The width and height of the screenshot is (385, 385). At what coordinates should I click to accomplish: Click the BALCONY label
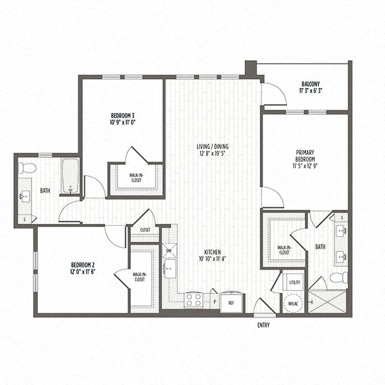pyautogui.click(x=311, y=84)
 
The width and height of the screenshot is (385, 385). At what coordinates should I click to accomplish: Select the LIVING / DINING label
pyautogui.click(x=212, y=146)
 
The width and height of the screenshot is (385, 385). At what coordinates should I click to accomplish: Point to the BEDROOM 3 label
pyautogui.click(x=122, y=116)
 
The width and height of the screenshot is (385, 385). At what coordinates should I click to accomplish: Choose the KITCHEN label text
pyautogui.click(x=213, y=252)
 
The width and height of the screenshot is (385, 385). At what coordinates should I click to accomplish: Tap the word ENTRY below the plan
pyautogui.click(x=262, y=325)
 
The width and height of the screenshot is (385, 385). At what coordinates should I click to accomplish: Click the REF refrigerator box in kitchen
pyautogui.click(x=232, y=302)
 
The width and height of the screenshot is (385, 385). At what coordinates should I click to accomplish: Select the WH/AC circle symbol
pyautogui.click(x=293, y=303)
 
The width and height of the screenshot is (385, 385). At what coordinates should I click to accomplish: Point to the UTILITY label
pyautogui.click(x=295, y=282)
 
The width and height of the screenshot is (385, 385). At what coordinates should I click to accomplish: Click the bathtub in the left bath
pyautogui.click(x=70, y=176)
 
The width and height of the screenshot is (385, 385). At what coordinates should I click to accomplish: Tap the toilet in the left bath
pyautogui.click(x=27, y=168)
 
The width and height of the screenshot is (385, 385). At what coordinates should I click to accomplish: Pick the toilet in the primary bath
pyautogui.click(x=339, y=278)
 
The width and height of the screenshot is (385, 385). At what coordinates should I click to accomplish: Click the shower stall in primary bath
pyautogui.click(x=327, y=301)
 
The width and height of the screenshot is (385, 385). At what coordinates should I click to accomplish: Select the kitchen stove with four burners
pyautogui.click(x=194, y=300)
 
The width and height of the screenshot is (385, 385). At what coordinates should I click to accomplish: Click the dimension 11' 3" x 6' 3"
pyautogui.click(x=311, y=92)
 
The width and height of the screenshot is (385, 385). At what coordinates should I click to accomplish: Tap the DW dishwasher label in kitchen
pyautogui.click(x=169, y=252)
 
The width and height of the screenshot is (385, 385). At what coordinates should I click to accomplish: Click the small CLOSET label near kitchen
pyautogui.click(x=145, y=229)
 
